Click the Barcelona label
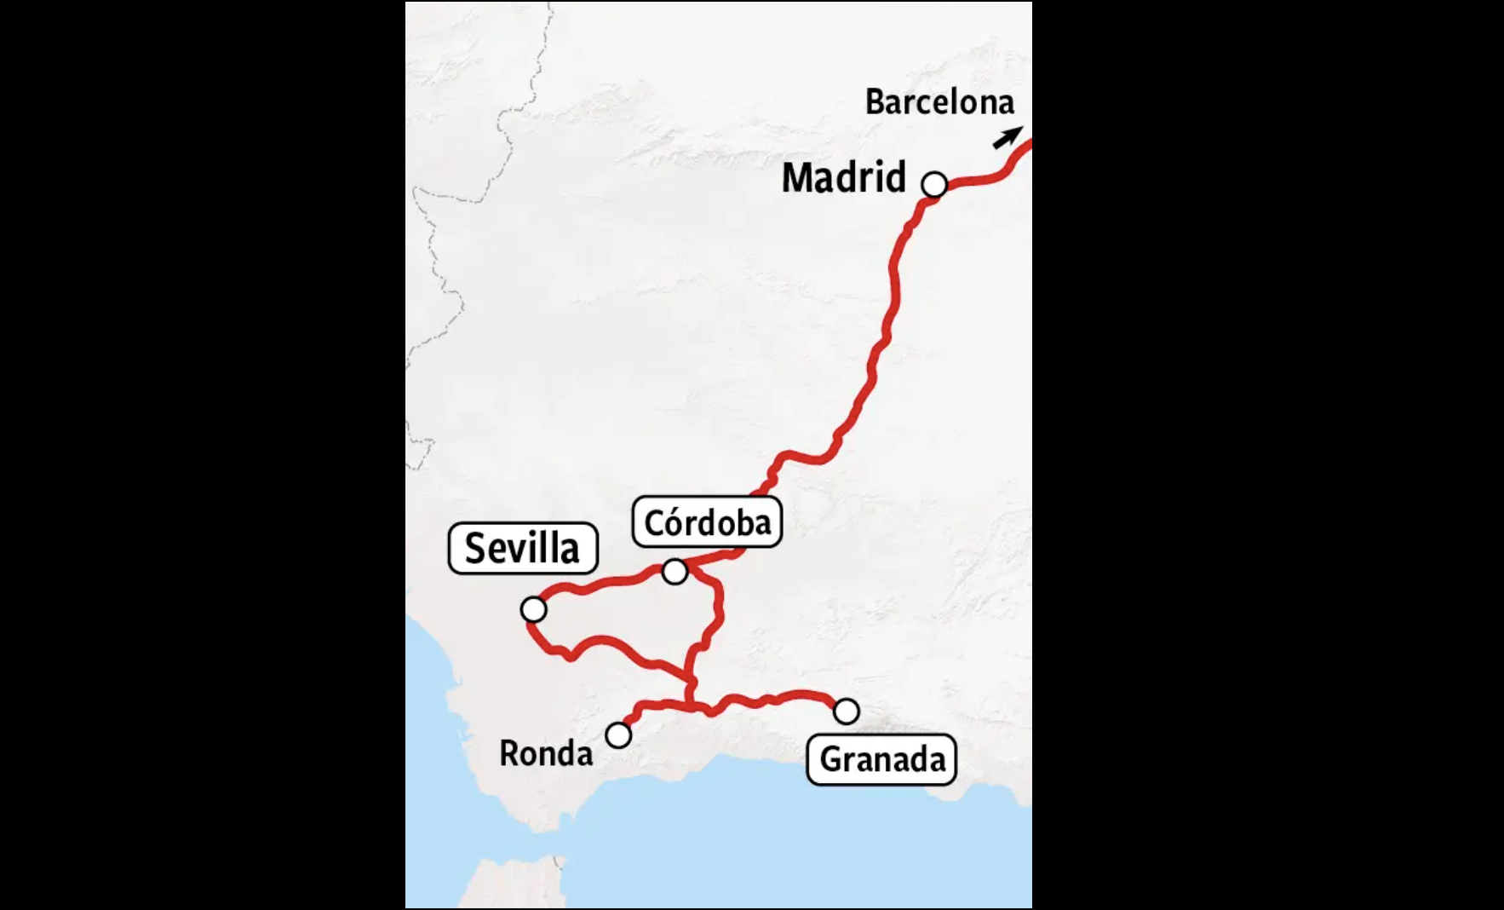[939, 102]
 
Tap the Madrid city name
[843, 178]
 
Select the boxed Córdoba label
[707, 522]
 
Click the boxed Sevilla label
[522, 548]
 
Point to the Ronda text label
[546, 753]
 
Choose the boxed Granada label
[881, 759]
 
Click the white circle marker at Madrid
[934, 184]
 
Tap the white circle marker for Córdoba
[675, 572]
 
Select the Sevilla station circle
[533, 609]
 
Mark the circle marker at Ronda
[618, 734]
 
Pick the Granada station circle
[846, 711]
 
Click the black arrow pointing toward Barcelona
[1007, 137]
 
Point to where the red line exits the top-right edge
[1029, 142]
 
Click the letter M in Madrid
[795, 178]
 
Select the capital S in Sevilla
[476, 548]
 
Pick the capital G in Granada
[831, 759]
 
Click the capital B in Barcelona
[874, 102]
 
